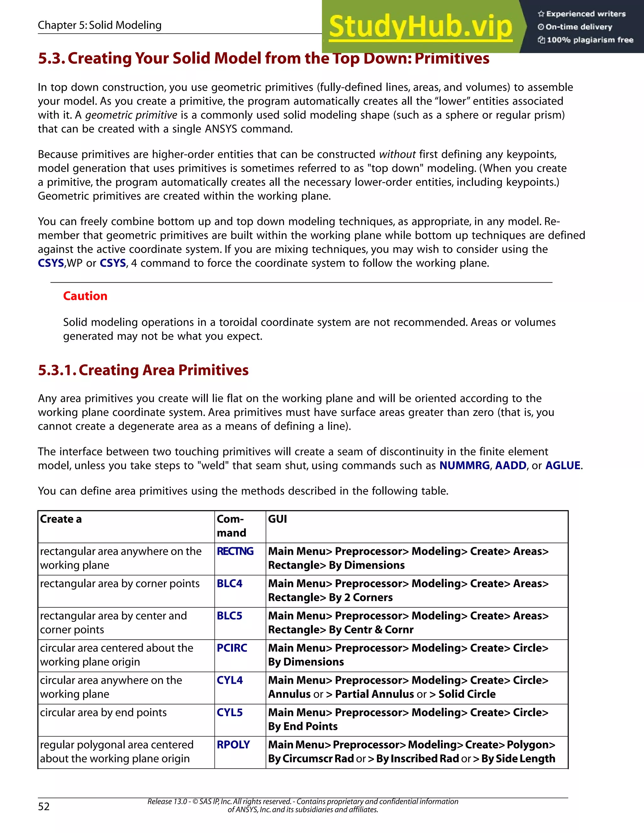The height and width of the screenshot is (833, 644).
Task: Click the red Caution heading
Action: pyautogui.click(x=85, y=296)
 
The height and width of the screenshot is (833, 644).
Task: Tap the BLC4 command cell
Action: pyautogui.click(x=230, y=583)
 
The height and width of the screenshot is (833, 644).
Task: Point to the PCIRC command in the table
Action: pyautogui.click(x=232, y=648)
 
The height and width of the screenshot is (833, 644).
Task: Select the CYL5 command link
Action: pyautogui.click(x=230, y=713)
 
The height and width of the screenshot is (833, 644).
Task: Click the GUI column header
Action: pyautogui.click(x=277, y=519)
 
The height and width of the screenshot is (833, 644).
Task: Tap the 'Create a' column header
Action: pyautogui.click(x=61, y=519)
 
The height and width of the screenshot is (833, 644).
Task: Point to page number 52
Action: pyautogui.click(x=44, y=806)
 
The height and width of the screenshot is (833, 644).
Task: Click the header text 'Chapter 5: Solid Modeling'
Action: pyautogui.click(x=100, y=25)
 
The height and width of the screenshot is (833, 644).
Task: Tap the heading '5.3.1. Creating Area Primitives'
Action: pyautogui.click(x=143, y=370)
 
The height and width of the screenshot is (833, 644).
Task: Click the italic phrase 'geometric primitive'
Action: pyautogui.click(x=131, y=115)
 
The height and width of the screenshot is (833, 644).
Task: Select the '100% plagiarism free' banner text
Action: pyautogui.click(x=590, y=40)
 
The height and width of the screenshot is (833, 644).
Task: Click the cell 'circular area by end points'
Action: pyautogui.click(x=103, y=713)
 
